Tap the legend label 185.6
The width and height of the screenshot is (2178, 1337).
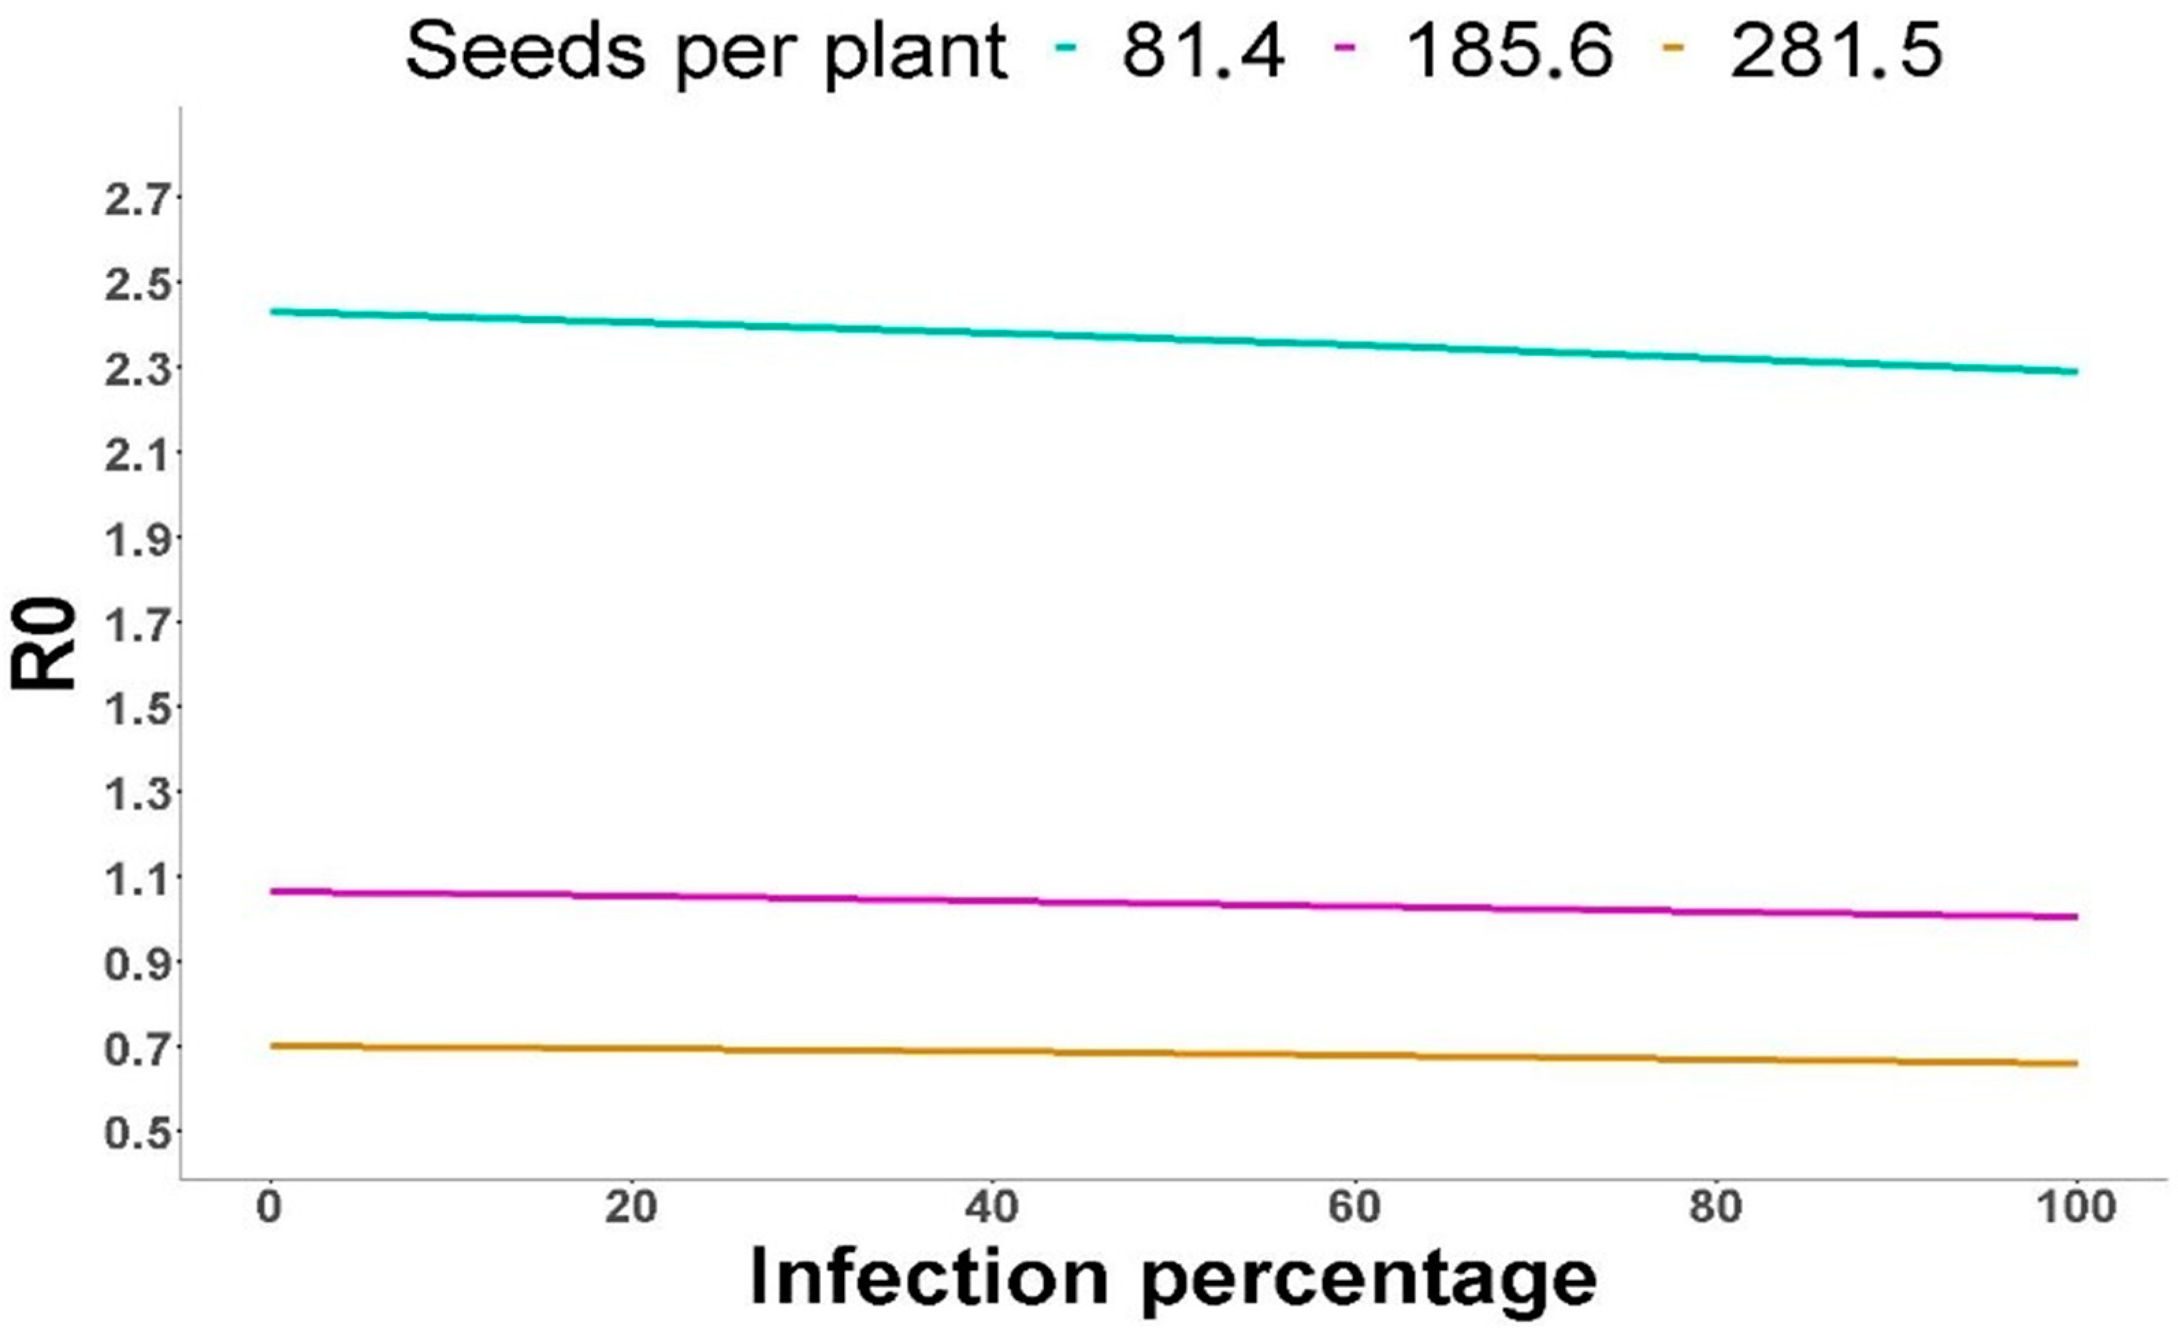pyautogui.click(x=1509, y=51)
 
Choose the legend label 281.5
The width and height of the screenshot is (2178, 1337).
pyautogui.click(x=1836, y=51)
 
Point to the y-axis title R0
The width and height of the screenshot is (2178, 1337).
pyautogui.click(x=44, y=643)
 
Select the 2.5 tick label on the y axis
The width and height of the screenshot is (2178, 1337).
pyautogui.click(x=136, y=285)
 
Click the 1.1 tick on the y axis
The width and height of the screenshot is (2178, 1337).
pyautogui.click(x=136, y=879)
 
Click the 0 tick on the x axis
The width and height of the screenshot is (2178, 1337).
pyautogui.click(x=270, y=1207)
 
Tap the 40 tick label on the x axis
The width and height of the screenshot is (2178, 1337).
pyautogui.click(x=993, y=1207)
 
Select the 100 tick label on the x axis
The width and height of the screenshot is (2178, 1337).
pyautogui.click(x=2077, y=1207)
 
